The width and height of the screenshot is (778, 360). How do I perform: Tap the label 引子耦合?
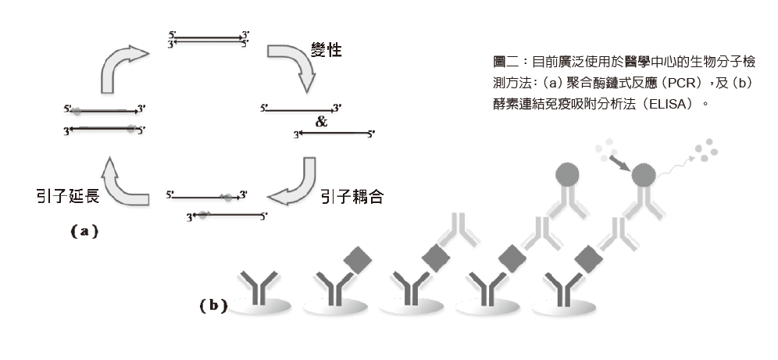point(352,195)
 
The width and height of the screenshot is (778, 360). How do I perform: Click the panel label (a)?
point(84,231)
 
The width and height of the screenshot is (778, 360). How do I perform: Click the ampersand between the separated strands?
point(322,123)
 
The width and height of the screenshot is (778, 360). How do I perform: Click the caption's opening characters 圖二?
point(497,61)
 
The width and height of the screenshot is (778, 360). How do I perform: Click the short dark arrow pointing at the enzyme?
point(619,162)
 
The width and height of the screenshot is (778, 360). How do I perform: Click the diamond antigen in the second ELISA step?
point(355,258)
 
